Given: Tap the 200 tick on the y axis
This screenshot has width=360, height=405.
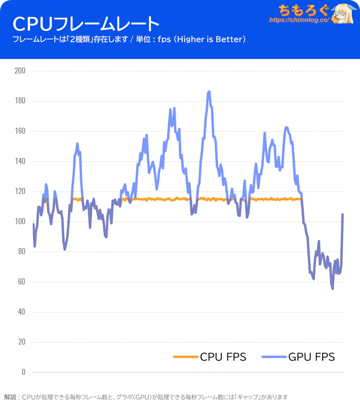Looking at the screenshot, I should [x=20, y=71].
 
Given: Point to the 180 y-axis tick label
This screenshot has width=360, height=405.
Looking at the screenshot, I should [x=20, y=101].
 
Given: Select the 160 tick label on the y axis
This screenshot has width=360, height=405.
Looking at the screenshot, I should [x=20, y=131].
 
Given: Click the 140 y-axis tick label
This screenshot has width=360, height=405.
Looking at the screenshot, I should [x=20, y=161].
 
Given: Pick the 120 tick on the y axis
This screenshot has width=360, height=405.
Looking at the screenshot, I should [x=20, y=191].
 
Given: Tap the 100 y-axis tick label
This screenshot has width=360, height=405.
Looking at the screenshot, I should [x=20, y=222].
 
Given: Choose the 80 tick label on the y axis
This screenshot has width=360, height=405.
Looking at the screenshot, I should [x=21, y=252].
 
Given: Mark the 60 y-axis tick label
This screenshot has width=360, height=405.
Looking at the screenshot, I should [x=21, y=282].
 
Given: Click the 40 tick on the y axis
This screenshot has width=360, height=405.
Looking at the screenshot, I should [x=21, y=312].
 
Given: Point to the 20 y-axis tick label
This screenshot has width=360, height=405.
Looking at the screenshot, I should [x=21, y=342].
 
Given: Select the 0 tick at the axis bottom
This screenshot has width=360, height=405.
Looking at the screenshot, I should [x=23, y=372].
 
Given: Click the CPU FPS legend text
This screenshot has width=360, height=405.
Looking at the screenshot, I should [x=223, y=357].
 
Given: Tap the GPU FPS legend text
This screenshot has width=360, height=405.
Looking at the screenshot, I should [x=312, y=357].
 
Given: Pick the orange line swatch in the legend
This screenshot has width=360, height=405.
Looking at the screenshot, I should [x=185, y=357].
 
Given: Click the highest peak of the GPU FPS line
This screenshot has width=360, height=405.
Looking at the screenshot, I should [x=209, y=92].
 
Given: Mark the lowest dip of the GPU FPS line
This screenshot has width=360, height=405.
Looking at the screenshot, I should [x=333, y=289].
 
